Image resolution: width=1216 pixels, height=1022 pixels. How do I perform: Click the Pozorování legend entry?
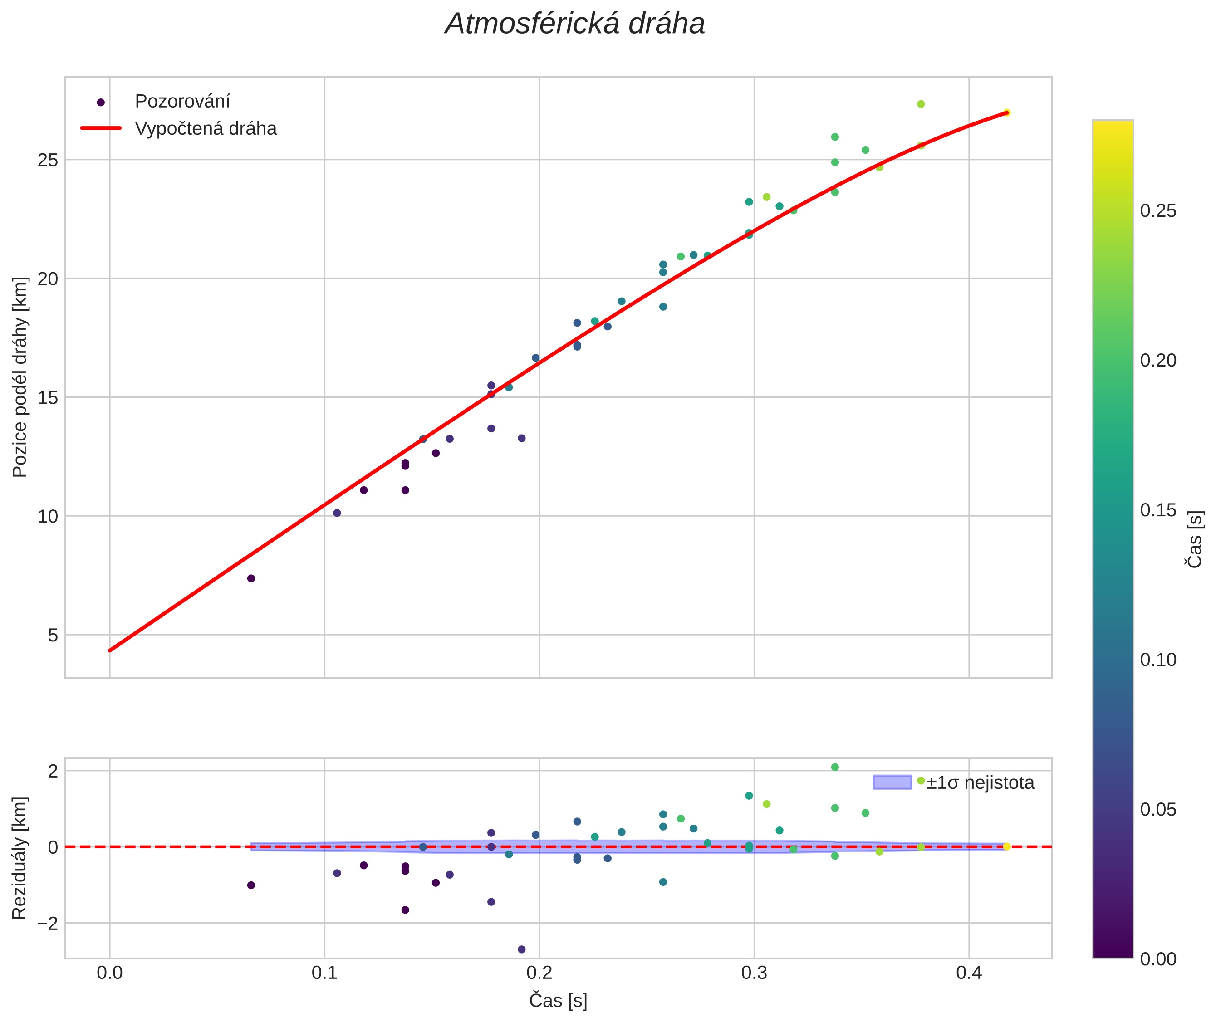coord(182,102)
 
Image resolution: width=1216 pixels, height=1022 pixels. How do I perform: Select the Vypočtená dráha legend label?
coord(205,129)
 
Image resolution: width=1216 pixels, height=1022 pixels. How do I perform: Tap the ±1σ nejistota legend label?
coord(980,783)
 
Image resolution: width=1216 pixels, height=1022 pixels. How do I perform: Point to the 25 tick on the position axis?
coord(48,160)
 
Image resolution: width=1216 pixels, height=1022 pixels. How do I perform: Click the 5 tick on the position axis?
coord(53,635)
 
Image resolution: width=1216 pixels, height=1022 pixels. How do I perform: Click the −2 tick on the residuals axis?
coord(44,924)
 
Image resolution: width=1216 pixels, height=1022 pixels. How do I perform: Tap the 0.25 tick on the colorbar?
coord(1158,211)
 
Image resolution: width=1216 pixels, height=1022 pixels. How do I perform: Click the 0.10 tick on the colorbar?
coord(1158,660)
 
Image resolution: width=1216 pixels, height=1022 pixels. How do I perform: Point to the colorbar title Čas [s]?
coord(1195,539)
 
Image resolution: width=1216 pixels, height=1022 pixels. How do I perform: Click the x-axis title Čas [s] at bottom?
coord(558,1001)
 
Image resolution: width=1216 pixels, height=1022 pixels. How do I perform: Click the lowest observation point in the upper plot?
coord(251,578)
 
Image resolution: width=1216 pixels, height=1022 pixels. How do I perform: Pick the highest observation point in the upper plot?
coord(921,104)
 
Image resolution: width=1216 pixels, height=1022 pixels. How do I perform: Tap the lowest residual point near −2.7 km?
coord(522,949)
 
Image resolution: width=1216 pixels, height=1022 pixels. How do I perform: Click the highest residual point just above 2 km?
coord(834,767)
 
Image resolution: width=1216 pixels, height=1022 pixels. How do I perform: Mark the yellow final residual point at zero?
coord(1007,846)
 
